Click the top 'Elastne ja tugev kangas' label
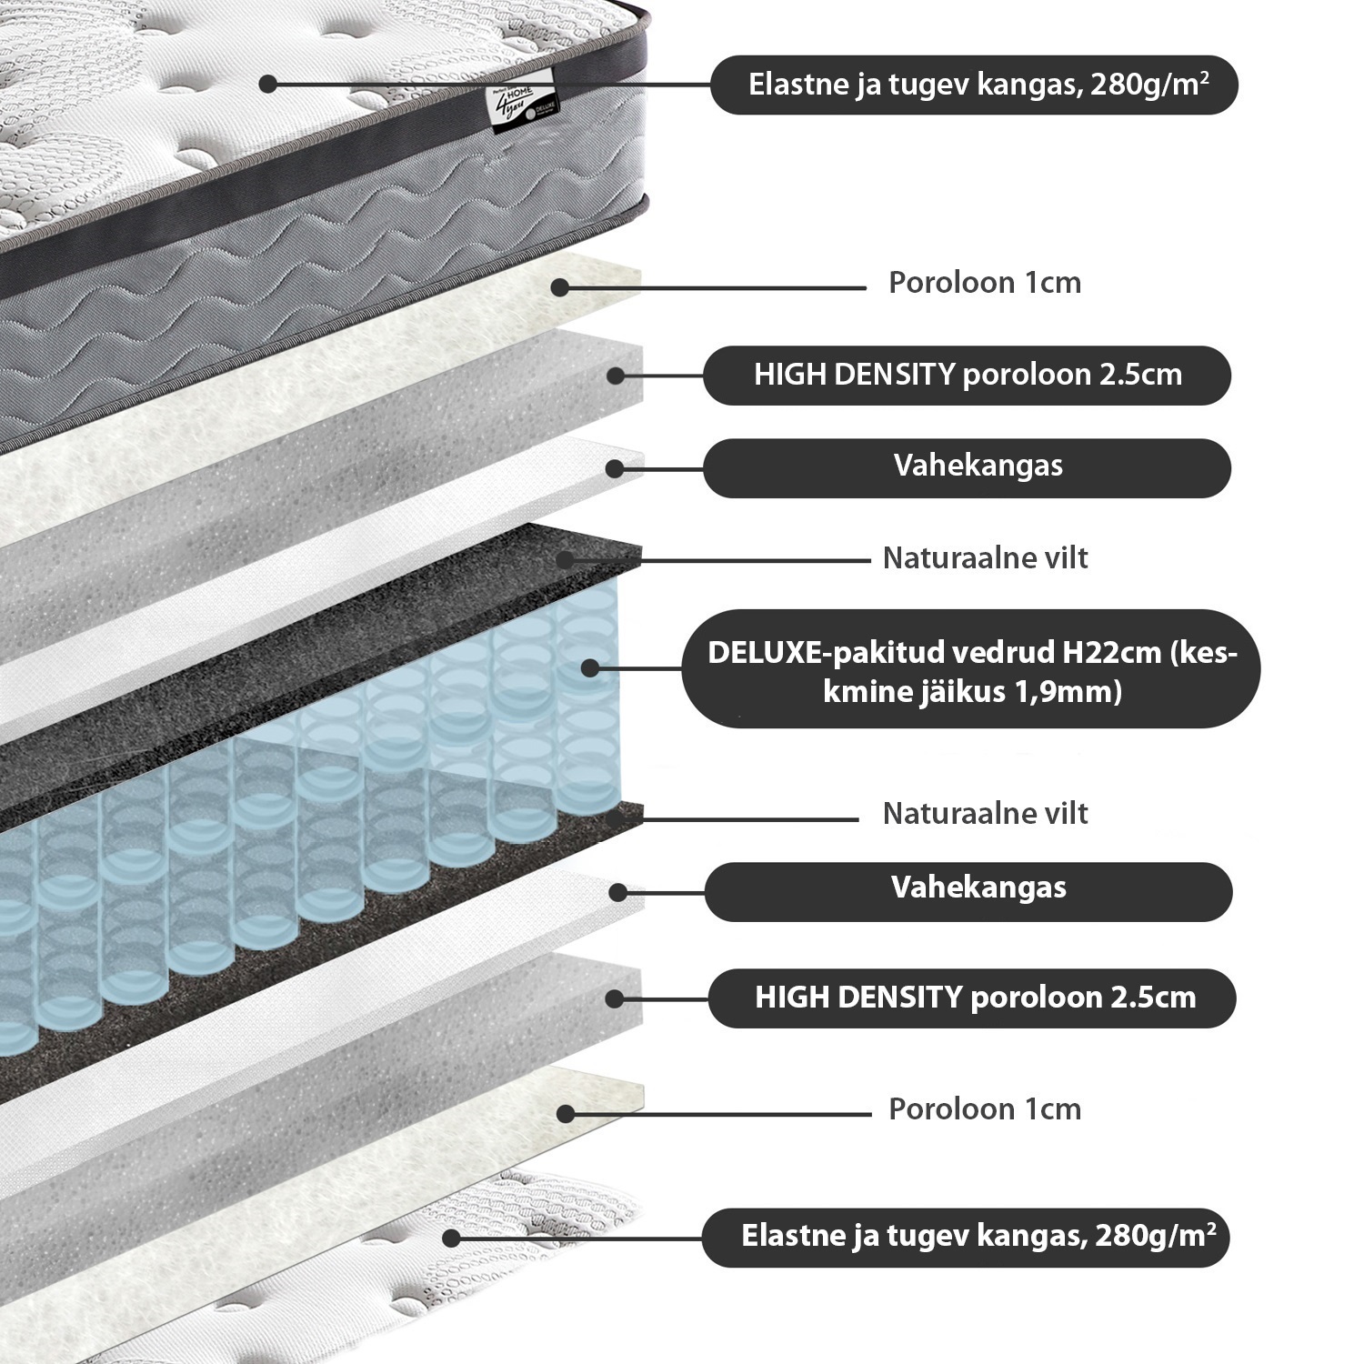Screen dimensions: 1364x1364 point(974,85)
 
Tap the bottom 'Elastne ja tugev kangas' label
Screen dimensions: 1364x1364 point(966,1237)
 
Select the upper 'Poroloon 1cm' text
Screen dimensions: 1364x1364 point(985,283)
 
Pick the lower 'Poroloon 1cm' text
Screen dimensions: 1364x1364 point(985,1109)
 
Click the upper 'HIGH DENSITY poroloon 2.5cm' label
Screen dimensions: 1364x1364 point(967,375)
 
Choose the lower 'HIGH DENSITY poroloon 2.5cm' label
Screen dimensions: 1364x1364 point(972,998)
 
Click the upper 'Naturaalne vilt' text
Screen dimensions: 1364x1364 point(985,557)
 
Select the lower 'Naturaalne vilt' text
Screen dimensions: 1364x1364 point(985,813)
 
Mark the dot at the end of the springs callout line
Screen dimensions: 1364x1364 point(589,667)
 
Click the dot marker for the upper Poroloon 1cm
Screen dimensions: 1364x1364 point(560,287)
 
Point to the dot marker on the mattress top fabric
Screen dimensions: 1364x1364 point(267,84)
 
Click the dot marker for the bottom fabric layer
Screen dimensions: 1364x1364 point(450,1238)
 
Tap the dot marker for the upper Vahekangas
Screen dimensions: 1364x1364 point(615,469)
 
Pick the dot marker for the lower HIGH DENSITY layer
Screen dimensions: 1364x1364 point(615,998)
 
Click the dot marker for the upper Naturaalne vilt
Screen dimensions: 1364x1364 point(565,559)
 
